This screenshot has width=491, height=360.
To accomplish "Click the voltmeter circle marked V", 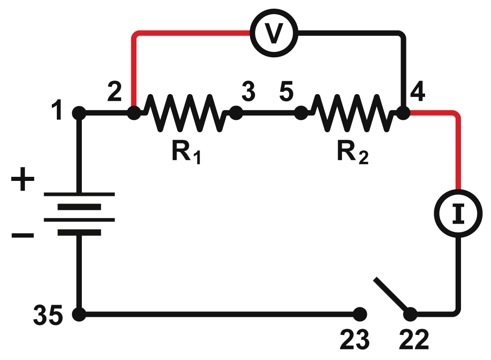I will click(273, 33).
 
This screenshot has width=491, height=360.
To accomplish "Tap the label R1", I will click(186, 153).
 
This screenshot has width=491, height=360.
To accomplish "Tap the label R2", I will click(352, 153).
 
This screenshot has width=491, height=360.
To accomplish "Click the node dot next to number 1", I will click(79, 113).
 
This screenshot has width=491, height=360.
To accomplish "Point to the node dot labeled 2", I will click(133, 113).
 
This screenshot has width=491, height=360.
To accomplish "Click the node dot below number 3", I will click(235, 113).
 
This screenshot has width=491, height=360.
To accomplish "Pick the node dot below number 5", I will click(300, 113).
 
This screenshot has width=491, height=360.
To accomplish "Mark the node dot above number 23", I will click(359, 314).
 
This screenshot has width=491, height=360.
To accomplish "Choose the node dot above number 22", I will click(410, 314).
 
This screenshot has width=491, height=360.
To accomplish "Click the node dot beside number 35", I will click(79, 314).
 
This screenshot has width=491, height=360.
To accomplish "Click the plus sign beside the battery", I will click(22, 181).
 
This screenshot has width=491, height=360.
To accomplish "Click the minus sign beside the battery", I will click(22, 235).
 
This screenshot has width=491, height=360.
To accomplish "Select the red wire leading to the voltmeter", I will click(182, 34).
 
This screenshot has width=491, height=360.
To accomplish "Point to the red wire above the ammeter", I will click(458, 155).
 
